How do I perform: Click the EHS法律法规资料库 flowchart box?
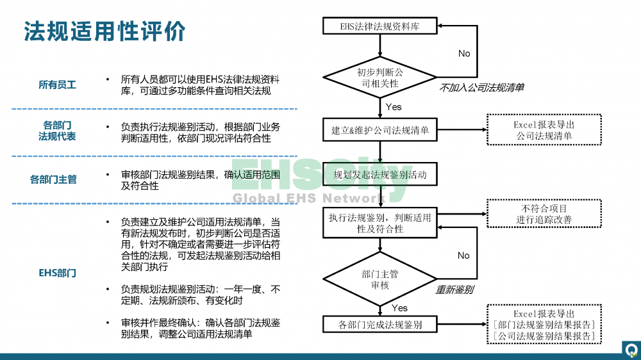pos(380,26)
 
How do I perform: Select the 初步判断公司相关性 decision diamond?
pos(380,78)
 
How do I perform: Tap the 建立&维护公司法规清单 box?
pos(380,130)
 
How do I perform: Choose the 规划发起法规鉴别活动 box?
pos(380,174)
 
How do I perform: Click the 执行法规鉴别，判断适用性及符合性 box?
pos(380,223)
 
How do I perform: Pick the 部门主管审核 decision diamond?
pos(380,279)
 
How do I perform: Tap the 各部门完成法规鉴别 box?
pos(380,325)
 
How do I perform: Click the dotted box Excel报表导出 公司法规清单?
pos(544,130)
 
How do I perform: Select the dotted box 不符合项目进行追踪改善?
pos(544,214)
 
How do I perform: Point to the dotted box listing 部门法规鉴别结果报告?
pos(544,325)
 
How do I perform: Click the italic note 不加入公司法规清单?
pos(481,87)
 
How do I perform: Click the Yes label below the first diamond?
pos(394,106)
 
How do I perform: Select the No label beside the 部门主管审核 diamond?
pos(463,255)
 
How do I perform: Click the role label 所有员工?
pos(57,85)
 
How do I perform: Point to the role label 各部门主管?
pos(53,179)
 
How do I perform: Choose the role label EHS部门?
pos(57,273)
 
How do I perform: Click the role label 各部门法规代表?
pos(57,130)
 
